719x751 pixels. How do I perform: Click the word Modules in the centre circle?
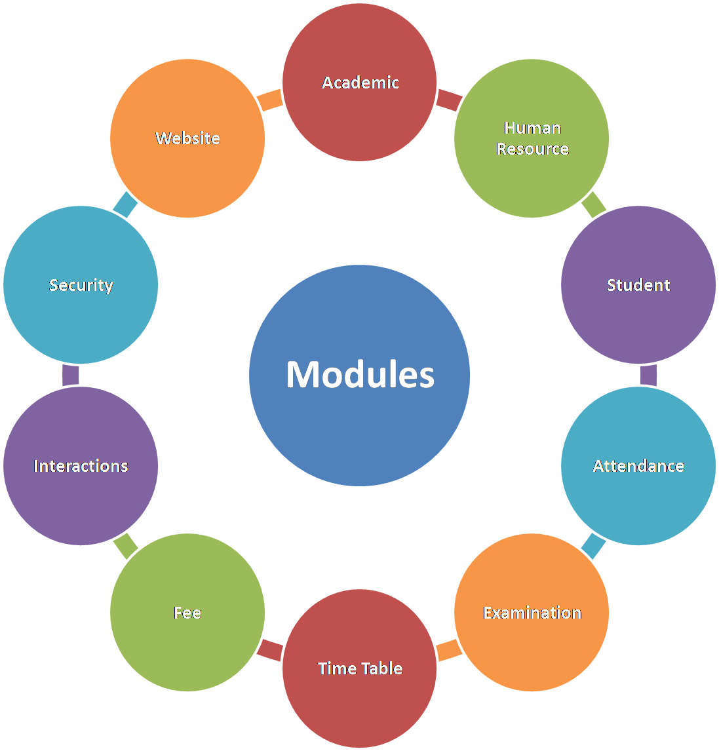360,375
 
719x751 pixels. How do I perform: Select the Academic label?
360,83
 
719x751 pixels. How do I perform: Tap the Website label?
187,138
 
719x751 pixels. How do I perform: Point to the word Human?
532,128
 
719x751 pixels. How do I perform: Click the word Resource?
532,149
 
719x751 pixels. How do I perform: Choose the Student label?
638,285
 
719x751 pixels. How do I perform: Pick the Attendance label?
638,466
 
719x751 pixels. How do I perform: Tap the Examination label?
532,613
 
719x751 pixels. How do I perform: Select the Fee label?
187,613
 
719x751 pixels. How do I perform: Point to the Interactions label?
81,466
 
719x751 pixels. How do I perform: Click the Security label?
81,285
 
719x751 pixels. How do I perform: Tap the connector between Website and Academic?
269,100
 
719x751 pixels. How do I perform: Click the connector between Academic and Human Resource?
449,100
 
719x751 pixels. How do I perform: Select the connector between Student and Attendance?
648,375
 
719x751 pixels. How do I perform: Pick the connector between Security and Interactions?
71,375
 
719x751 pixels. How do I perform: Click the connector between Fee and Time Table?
269,649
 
